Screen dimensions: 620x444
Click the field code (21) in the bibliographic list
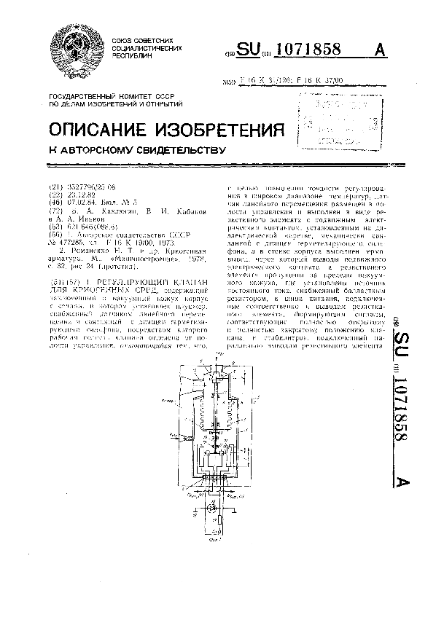(53, 187)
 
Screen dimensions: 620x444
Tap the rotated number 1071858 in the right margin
(402, 419)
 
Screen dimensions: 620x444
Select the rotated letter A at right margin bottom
(402, 482)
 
